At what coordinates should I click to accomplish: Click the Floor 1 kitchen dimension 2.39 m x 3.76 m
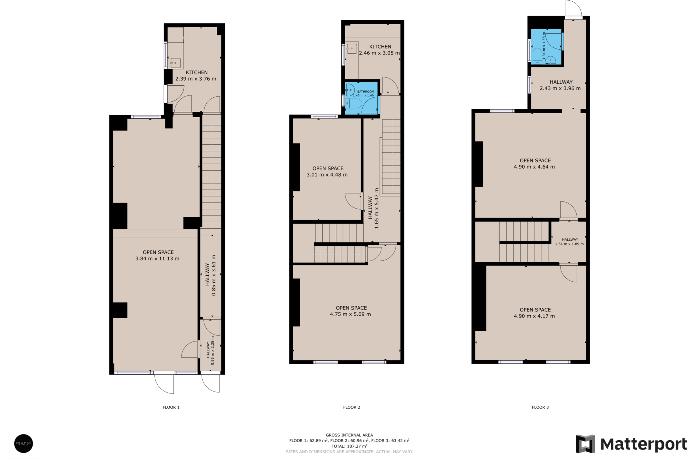196,79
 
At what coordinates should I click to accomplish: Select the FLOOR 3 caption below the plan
540,407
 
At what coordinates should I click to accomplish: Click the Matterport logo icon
585,444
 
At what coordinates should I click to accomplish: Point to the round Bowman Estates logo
23,444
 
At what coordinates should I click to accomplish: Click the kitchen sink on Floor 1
175,62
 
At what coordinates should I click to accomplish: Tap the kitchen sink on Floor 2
352,49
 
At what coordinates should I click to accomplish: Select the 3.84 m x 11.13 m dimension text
157,259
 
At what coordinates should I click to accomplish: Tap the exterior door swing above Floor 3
574,8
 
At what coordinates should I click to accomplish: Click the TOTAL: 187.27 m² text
349,446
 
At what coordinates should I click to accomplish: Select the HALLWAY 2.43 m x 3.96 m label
560,85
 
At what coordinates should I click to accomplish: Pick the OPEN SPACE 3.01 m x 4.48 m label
327,172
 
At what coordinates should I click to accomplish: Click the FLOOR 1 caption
171,407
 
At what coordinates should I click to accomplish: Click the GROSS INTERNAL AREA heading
349,435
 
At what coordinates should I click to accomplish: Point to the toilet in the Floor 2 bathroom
355,103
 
